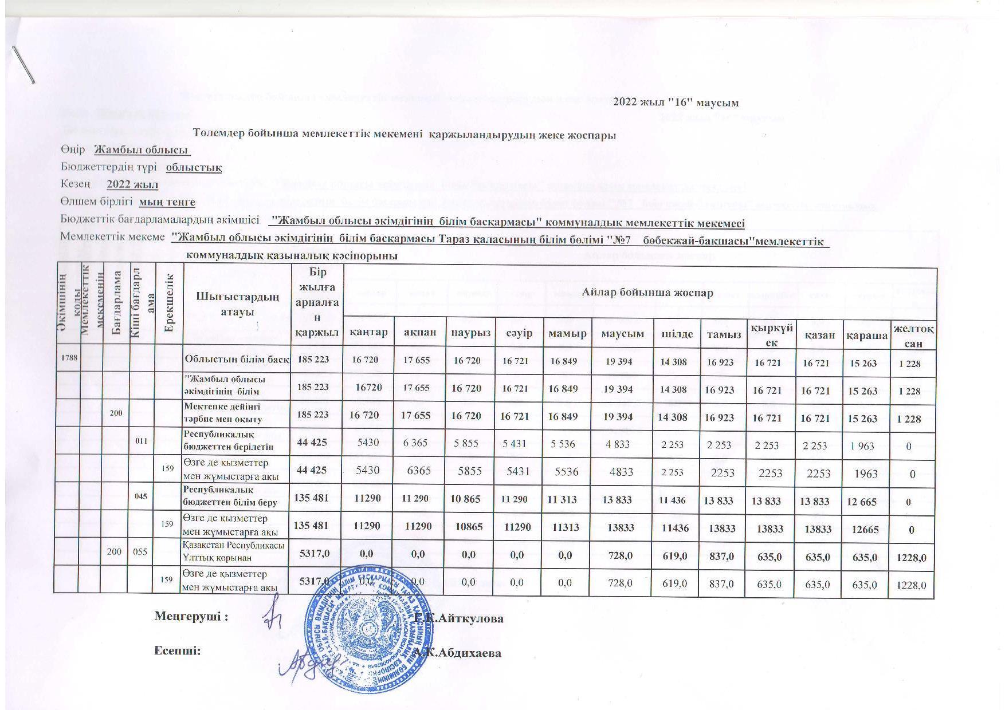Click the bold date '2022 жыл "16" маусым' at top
point(676,103)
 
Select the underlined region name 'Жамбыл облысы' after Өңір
point(142,150)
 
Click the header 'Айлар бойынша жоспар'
point(647,293)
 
